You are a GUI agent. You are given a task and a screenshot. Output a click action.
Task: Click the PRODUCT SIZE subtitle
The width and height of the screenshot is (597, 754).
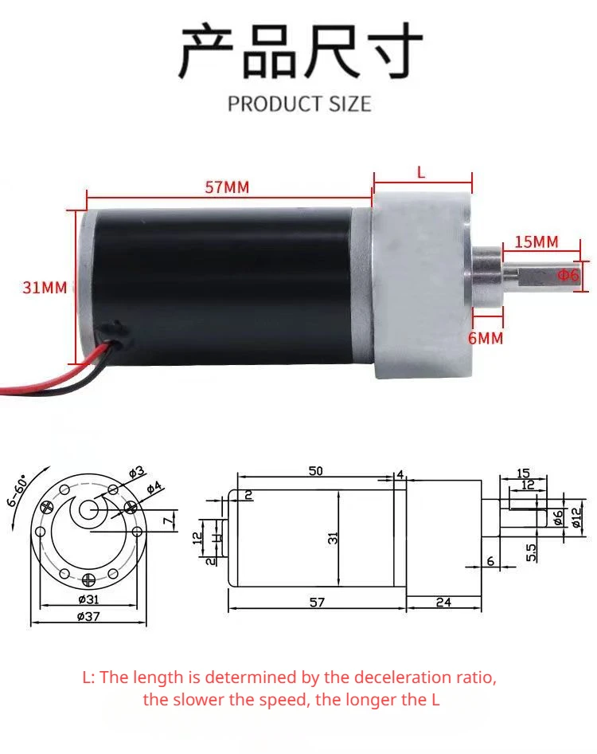click(x=299, y=104)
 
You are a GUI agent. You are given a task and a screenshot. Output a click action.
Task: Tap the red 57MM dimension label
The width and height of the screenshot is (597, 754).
click(x=227, y=187)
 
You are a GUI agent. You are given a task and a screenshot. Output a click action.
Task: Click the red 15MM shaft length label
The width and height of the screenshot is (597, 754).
click(x=536, y=242)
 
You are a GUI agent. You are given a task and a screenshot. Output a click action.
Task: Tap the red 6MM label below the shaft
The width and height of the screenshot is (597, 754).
click(x=486, y=338)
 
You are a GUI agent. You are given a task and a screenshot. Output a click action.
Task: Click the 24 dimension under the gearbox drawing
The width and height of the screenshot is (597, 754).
click(x=443, y=603)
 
